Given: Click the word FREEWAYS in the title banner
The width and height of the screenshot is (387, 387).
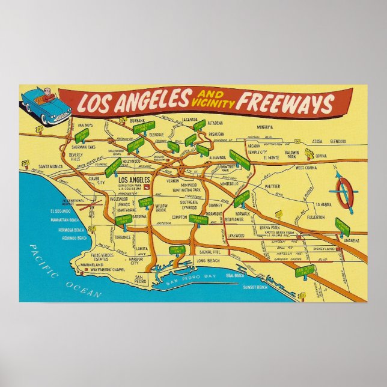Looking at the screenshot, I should pos(284,103).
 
